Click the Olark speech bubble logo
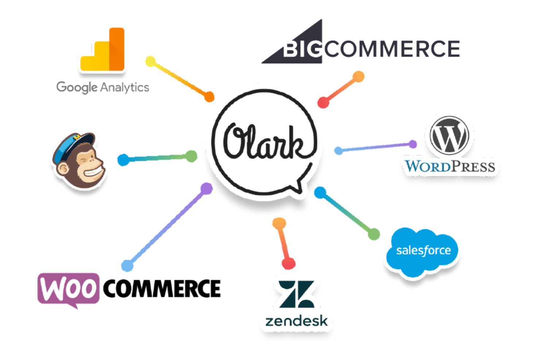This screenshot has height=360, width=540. tap(264, 142)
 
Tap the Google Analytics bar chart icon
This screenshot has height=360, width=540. tap(103, 49)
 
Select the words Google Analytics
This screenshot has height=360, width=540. tap(103, 87)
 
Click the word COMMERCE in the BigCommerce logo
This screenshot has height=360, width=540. tap(392, 49)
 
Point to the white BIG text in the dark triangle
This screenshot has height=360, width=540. tap(302, 49)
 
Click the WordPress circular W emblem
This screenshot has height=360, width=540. tap(450, 135)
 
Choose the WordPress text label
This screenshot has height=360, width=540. tap(450, 166)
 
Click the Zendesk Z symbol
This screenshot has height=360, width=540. tap(297, 294)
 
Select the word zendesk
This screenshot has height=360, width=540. tap(297, 321)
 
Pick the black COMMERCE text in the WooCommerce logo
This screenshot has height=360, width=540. tap(162, 288)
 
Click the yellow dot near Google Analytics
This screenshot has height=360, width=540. tap(151, 61)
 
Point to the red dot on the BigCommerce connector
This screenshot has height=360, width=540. tap(323, 103)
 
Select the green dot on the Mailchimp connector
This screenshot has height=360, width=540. tap(192, 156)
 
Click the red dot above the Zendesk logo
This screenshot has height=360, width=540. tap(289, 263)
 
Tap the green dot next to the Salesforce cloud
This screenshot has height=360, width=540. tap(374, 234)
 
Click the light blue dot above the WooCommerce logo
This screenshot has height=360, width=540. tap(127, 266)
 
